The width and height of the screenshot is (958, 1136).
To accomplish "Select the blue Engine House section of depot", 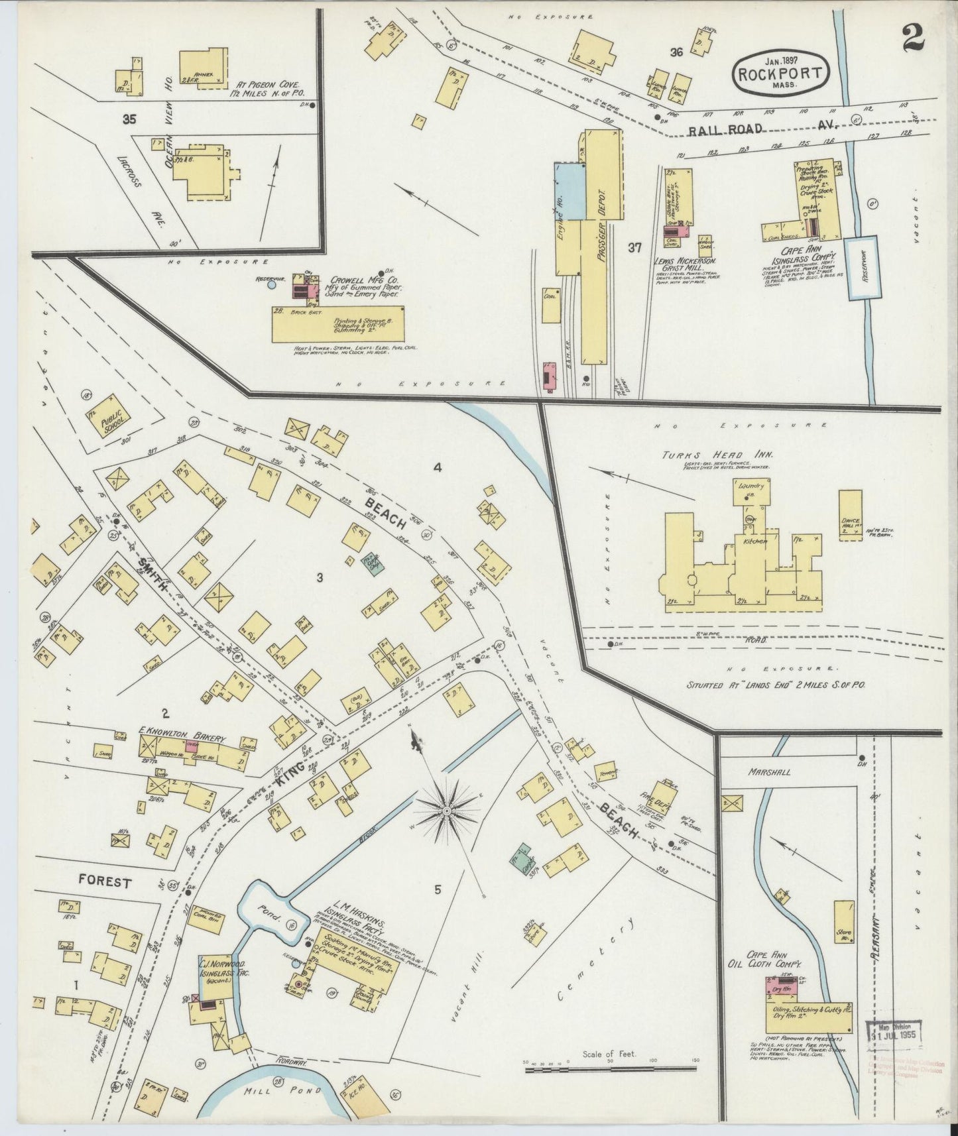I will pos(569,192).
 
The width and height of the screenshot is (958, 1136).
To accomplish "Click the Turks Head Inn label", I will pos(699,455).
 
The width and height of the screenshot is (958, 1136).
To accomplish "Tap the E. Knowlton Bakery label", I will pos(182,738).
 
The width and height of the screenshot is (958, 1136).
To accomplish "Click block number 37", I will pos(634,248).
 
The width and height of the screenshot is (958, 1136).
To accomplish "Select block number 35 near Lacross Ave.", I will pos(129,119).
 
